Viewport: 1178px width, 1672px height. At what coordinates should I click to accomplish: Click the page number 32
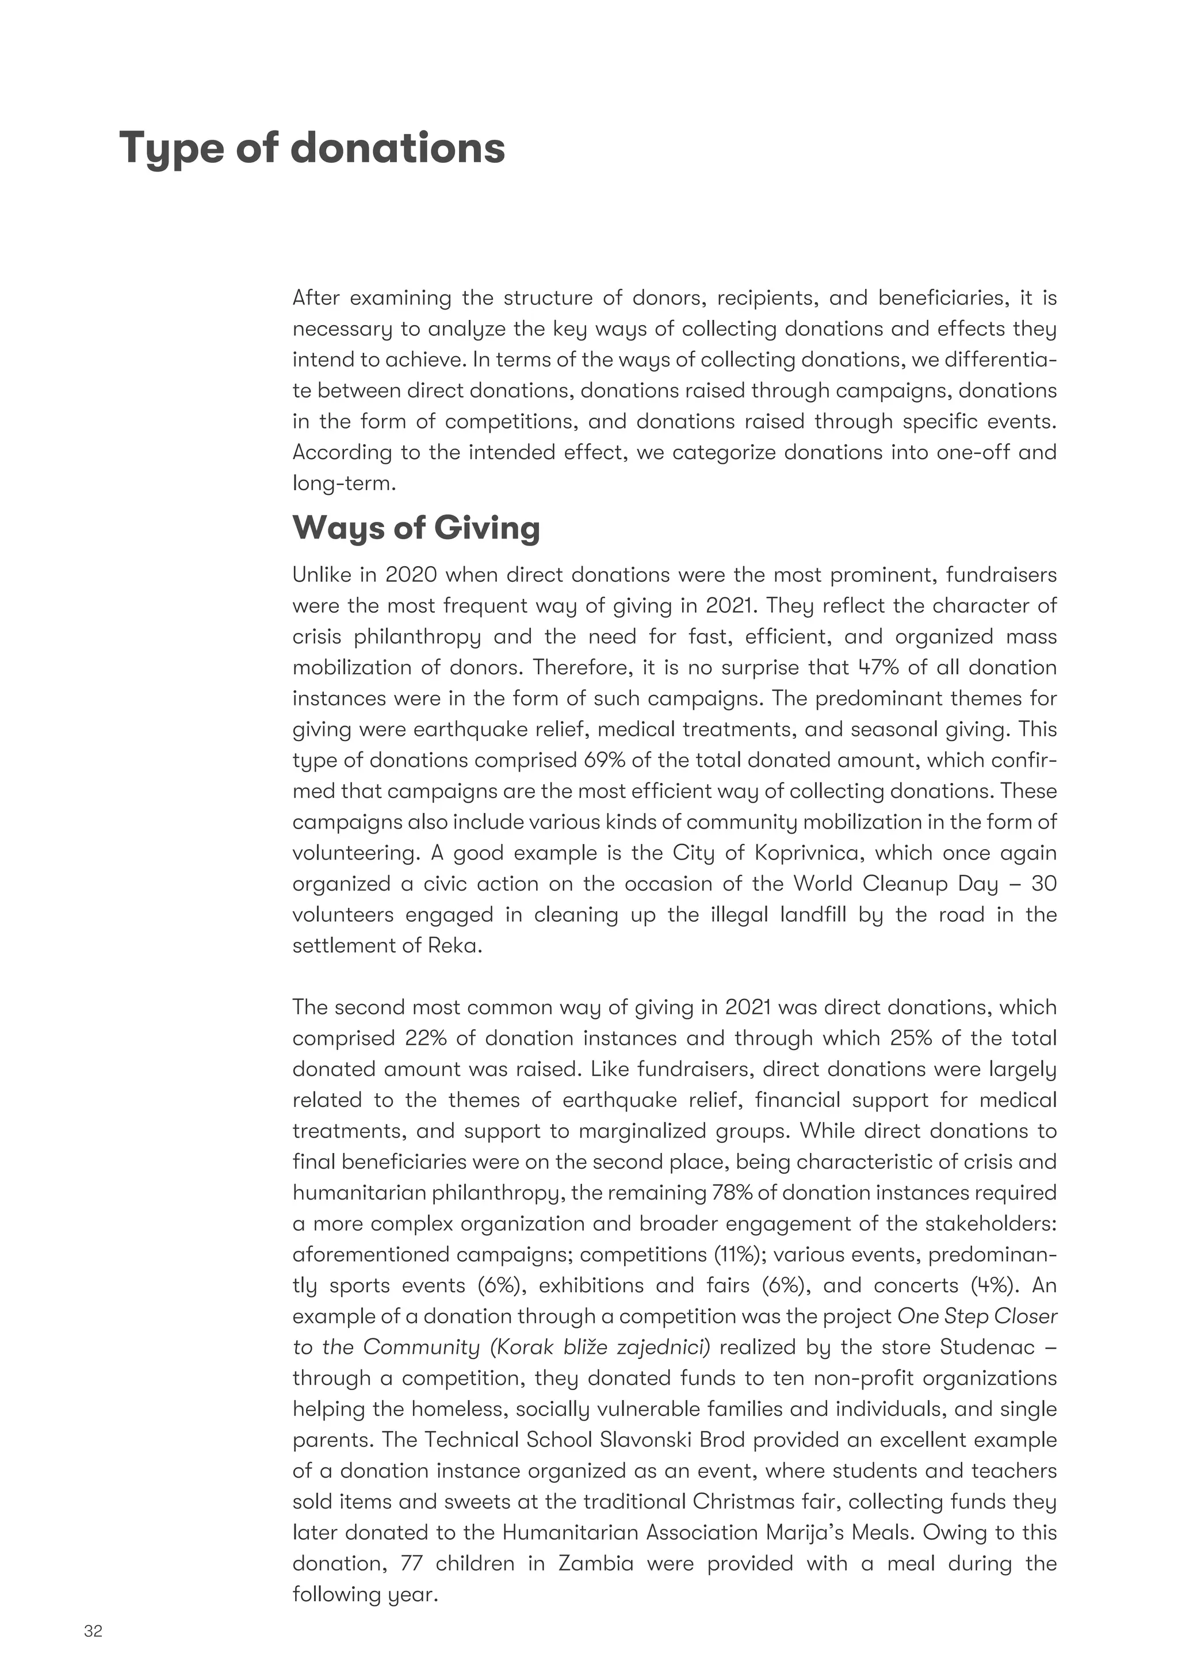click(x=93, y=1631)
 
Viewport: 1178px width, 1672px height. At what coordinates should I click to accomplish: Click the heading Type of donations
click(x=312, y=148)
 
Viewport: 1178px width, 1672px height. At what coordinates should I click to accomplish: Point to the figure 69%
click(x=602, y=760)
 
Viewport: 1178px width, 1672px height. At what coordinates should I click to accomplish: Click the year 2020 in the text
click(x=411, y=575)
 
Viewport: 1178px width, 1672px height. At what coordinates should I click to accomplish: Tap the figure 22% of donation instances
click(x=425, y=1039)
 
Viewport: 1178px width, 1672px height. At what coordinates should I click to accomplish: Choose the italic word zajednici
click(x=663, y=1347)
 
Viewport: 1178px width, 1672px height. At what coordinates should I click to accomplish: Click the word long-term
click(x=343, y=483)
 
